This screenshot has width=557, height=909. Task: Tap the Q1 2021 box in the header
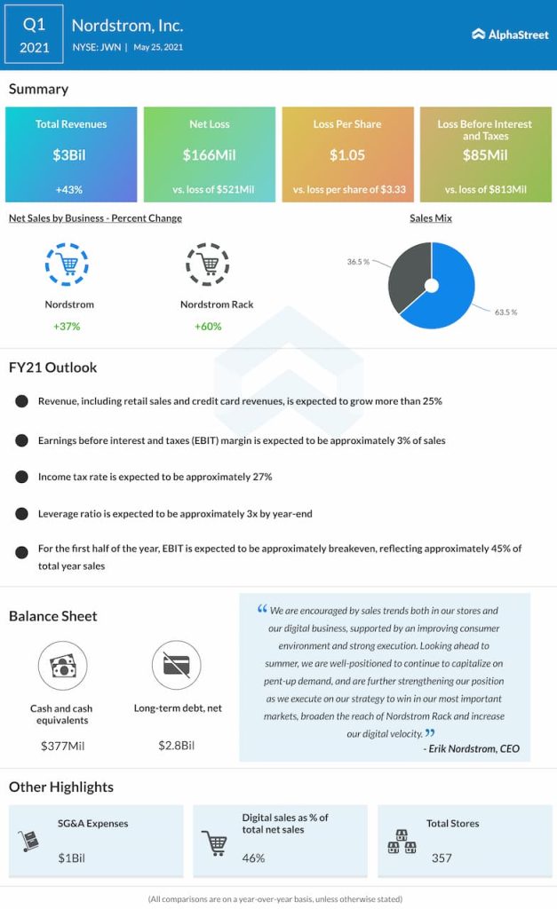(34, 35)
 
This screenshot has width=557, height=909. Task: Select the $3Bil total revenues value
(71, 155)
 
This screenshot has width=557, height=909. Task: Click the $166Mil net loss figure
(209, 155)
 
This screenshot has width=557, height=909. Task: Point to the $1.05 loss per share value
(347, 155)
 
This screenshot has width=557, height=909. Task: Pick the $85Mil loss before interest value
(485, 155)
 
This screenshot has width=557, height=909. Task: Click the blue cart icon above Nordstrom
(68, 264)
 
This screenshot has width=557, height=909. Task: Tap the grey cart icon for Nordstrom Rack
(207, 264)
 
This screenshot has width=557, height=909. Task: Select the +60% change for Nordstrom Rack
(208, 327)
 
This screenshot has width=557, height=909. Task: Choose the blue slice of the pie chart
(453, 289)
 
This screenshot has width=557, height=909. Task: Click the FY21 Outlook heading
(53, 368)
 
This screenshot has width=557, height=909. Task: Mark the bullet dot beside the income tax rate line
(20, 477)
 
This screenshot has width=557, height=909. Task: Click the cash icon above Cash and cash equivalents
(61, 667)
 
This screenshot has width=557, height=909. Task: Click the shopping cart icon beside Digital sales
(216, 842)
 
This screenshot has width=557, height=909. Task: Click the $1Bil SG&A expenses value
(72, 858)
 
